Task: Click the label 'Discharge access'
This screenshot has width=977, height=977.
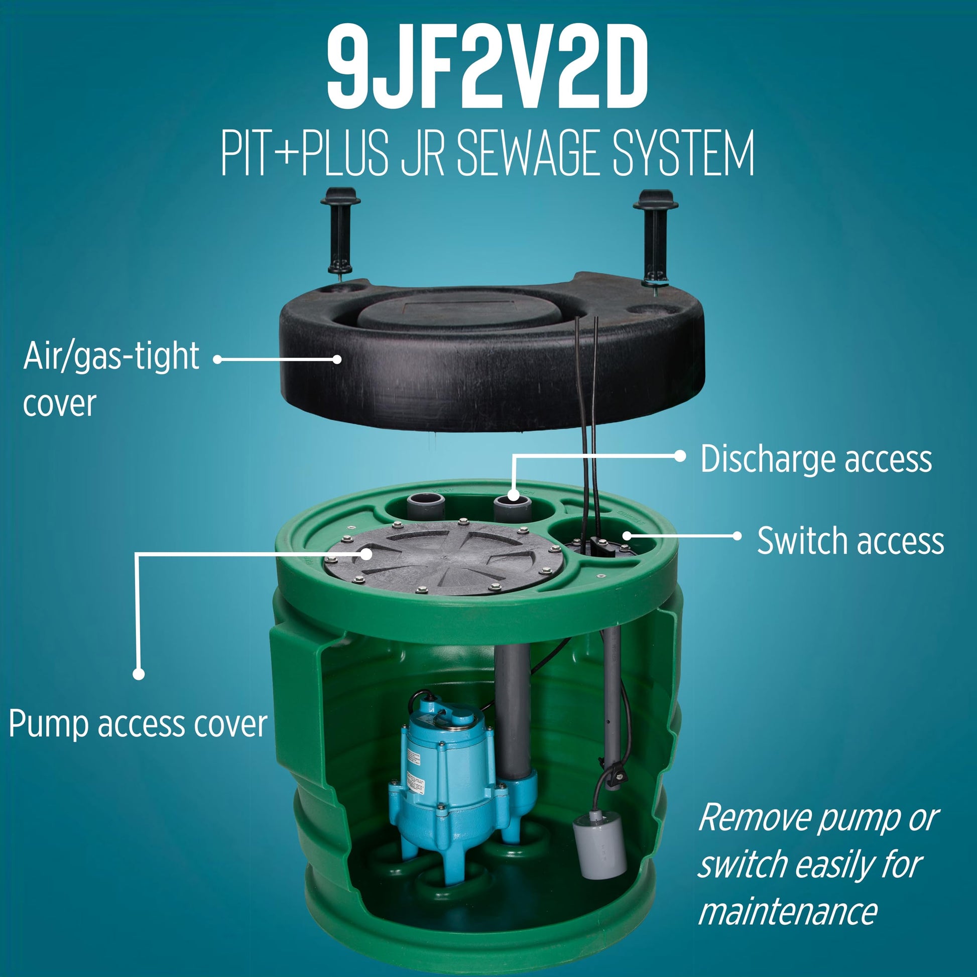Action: (x=816, y=459)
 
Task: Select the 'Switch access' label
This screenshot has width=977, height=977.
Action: (x=850, y=541)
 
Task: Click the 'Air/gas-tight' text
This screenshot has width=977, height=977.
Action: (x=111, y=356)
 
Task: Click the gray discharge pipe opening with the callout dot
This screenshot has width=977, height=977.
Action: (x=513, y=506)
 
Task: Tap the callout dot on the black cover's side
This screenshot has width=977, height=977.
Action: (x=337, y=359)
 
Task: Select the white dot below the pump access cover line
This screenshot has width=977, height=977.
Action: (x=139, y=674)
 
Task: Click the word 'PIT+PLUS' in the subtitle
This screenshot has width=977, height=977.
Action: (x=304, y=153)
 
